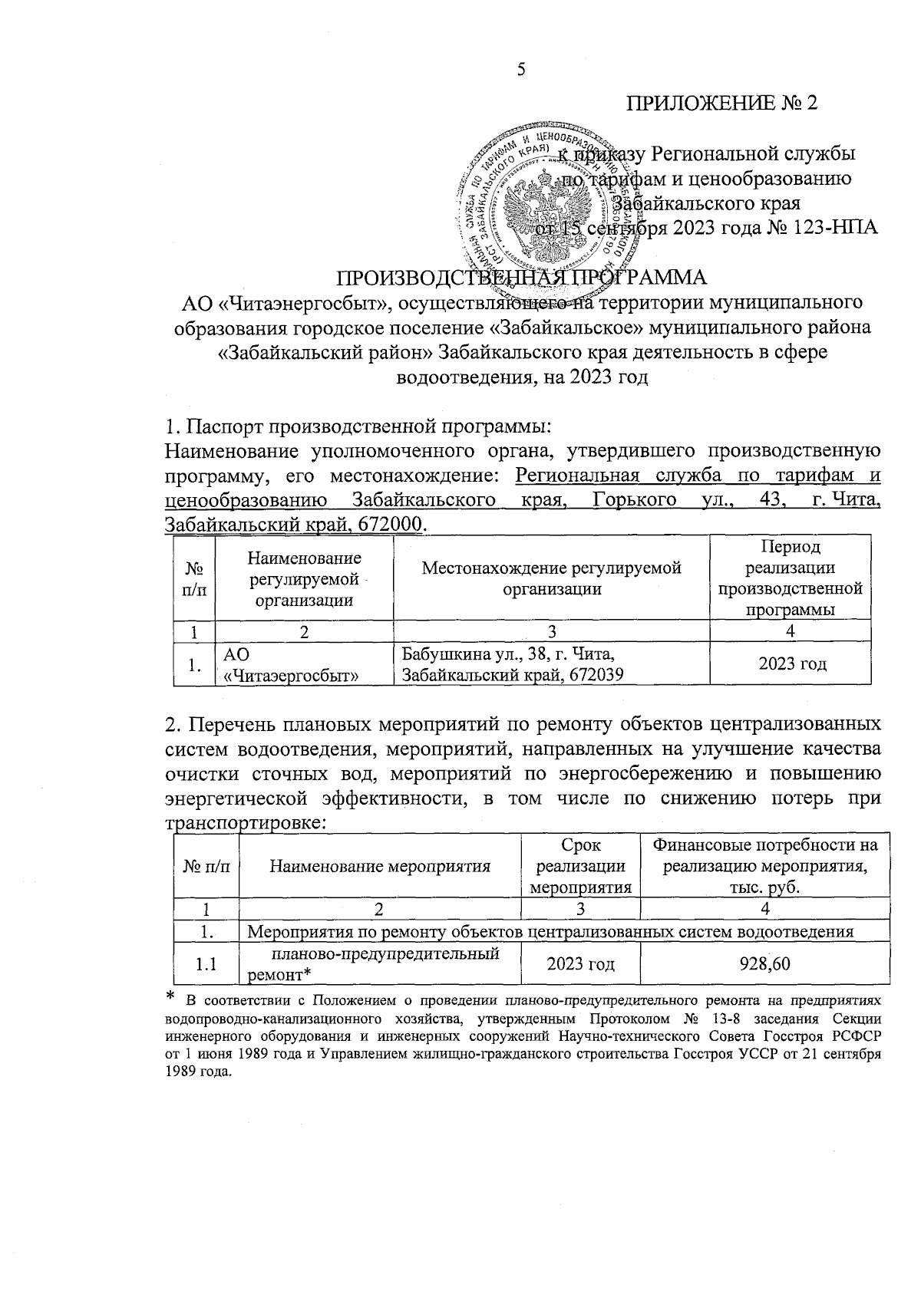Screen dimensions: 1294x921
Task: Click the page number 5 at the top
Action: (x=521, y=71)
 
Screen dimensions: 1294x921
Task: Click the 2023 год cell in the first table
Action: (x=792, y=664)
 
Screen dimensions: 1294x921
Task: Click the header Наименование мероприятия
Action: (x=380, y=867)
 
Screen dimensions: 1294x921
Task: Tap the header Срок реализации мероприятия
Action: (x=580, y=867)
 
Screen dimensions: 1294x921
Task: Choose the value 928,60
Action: (x=764, y=963)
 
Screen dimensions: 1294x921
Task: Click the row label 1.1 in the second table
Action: (x=206, y=964)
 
